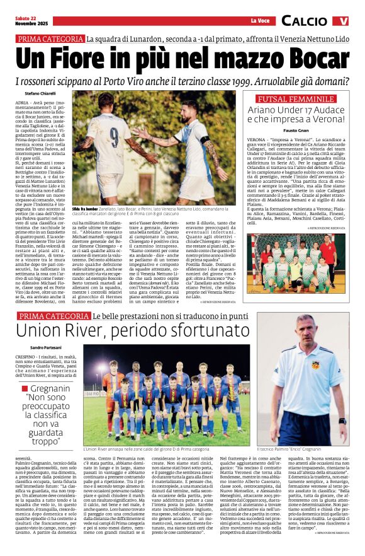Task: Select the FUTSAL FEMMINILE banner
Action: pyautogui.click(x=296, y=98)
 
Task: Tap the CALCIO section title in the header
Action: pyautogui.click(x=304, y=21)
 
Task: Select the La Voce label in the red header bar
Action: pyautogui.click(x=259, y=21)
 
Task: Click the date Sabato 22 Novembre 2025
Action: pyautogui.click(x=28, y=21)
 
